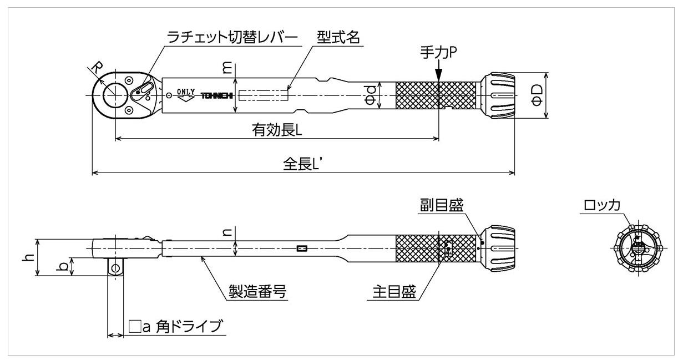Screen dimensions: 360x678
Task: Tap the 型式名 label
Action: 338,37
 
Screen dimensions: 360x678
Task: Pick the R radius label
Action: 95,69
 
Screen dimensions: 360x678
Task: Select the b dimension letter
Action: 64,267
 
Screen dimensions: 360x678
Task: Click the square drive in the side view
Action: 115,268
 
